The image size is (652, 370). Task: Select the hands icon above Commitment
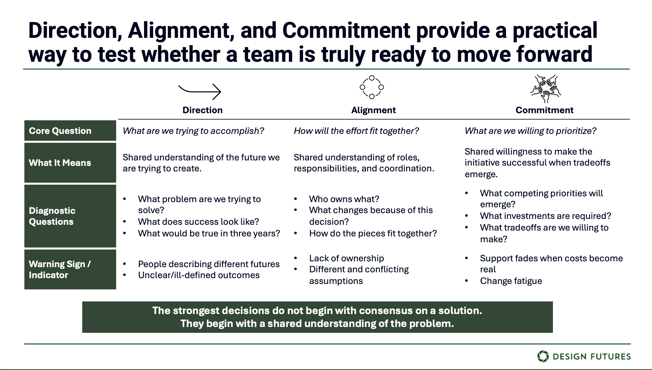tap(545, 88)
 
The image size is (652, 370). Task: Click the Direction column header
tap(202, 110)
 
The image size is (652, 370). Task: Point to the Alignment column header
tap(373, 110)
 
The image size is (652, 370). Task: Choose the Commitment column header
tap(544, 110)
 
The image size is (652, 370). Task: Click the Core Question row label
tap(60, 131)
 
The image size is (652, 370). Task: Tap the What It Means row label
tap(60, 163)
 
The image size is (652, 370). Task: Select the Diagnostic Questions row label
tap(52, 216)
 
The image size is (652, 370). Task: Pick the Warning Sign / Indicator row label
tap(60, 269)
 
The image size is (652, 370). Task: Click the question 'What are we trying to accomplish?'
tap(193, 131)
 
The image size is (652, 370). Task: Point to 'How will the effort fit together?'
tap(356, 131)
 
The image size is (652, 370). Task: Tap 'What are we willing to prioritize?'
tap(530, 131)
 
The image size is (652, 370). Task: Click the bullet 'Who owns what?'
tap(344, 199)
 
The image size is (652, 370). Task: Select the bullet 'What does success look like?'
tap(198, 222)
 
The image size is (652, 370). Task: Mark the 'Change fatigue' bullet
tap(511, 281)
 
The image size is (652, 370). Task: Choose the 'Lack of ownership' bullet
tap(346, 258)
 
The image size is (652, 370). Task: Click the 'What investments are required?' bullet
tap(545, 216)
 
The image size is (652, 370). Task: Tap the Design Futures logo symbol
tap(543, 356)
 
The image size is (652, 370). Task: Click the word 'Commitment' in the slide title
tap(346, 31)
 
